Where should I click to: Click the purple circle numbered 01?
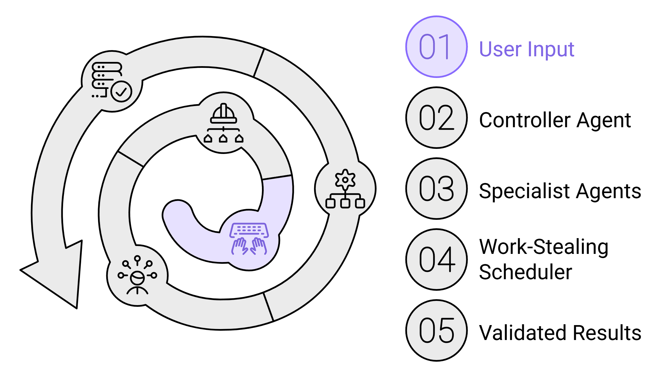coord(436,47)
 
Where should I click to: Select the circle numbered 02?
coord(436,118)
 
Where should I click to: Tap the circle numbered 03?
coord(436,189)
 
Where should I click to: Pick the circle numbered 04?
coord(436,260)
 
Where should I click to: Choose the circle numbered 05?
coord(436,330)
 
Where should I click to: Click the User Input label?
coord(527,49)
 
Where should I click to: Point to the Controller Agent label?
coord(555,120)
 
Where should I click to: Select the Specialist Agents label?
coord(560,191)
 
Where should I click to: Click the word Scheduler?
coord(525,272)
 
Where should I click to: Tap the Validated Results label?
coord(560,333)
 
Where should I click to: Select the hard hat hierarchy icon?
coord(223,123)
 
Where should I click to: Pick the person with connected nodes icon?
coord(137,275)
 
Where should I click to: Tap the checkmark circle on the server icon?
coord(121,91)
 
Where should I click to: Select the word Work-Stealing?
coord(543,247)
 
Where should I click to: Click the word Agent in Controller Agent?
coord(603,120)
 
